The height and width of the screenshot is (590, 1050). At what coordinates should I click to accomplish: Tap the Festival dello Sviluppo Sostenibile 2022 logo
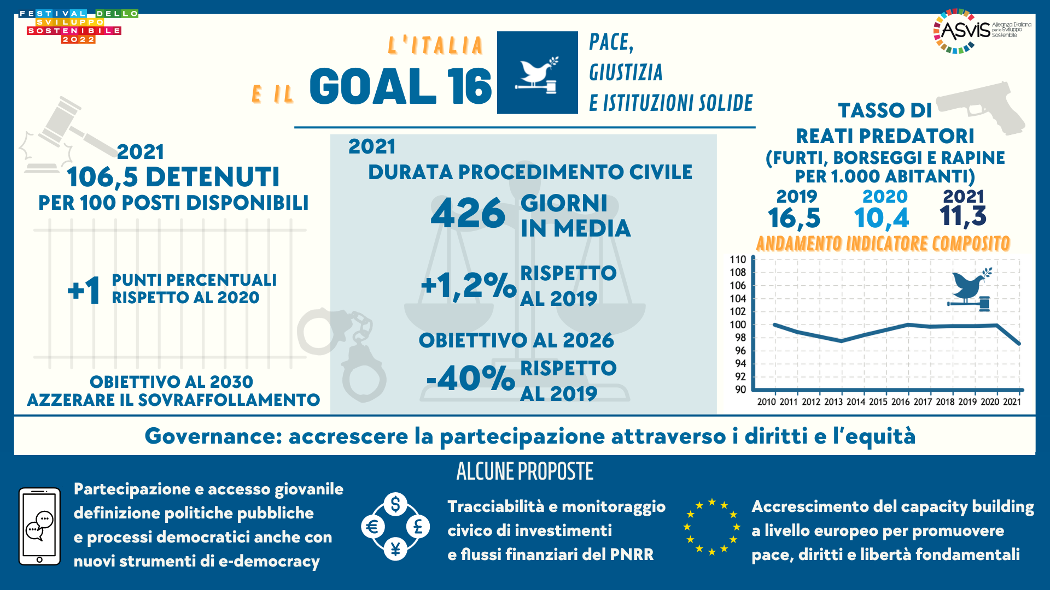tap(78, 26)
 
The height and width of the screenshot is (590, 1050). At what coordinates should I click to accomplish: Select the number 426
tap(468, 214)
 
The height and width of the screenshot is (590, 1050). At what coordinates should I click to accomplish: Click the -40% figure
tap(470, 378)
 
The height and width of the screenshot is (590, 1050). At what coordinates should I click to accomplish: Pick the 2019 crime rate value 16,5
tap(794, 218)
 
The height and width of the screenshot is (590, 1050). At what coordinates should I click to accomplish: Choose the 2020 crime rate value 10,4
tap(882, 218)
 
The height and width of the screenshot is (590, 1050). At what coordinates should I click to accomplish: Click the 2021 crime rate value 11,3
tap(963, 216)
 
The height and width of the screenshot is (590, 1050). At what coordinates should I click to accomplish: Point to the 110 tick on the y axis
tap(738, 259)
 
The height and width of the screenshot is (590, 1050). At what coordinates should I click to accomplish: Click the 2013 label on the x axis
tap(833, 402)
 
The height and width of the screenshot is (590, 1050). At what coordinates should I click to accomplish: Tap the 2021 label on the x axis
tap(1012, 402)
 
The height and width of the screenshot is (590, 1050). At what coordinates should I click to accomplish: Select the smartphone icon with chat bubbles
tap(39, 526)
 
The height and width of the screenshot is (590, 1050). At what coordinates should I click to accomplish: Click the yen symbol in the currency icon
tap(395, 548)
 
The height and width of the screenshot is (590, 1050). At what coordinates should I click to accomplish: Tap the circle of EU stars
tap(711, 527)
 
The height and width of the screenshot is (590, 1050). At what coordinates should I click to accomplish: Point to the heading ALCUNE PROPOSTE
tap(524, 471)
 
